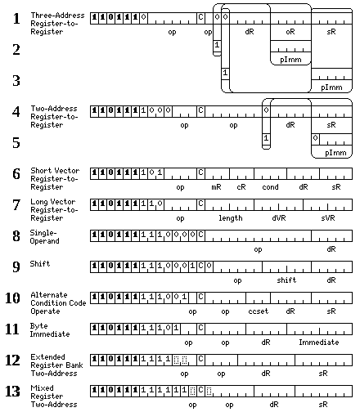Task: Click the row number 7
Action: coord(16,205)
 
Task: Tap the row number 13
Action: coord(12,392)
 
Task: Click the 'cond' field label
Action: coord(270,187)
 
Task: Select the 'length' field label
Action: coord(231,218)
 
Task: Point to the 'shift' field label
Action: coord(286,280)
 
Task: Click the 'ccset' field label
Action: coord(259,311)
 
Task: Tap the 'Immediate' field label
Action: coord(319,343)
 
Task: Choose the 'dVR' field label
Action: coord(279,218)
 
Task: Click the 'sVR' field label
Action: coord(328,218)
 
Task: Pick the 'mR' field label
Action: coord(216,187)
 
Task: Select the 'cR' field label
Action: coord(241,187)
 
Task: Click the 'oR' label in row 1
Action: coord(290,32)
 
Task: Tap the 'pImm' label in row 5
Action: coord(335,153)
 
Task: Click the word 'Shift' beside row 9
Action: coord(40,264)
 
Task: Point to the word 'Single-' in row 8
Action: coord(43,233)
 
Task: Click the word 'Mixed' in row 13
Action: coord(42,388)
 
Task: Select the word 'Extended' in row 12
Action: coord(47,357)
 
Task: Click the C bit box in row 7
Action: coord(200,204)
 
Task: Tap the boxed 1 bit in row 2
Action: coord(217,44)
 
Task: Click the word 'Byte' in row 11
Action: coord(39,326)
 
